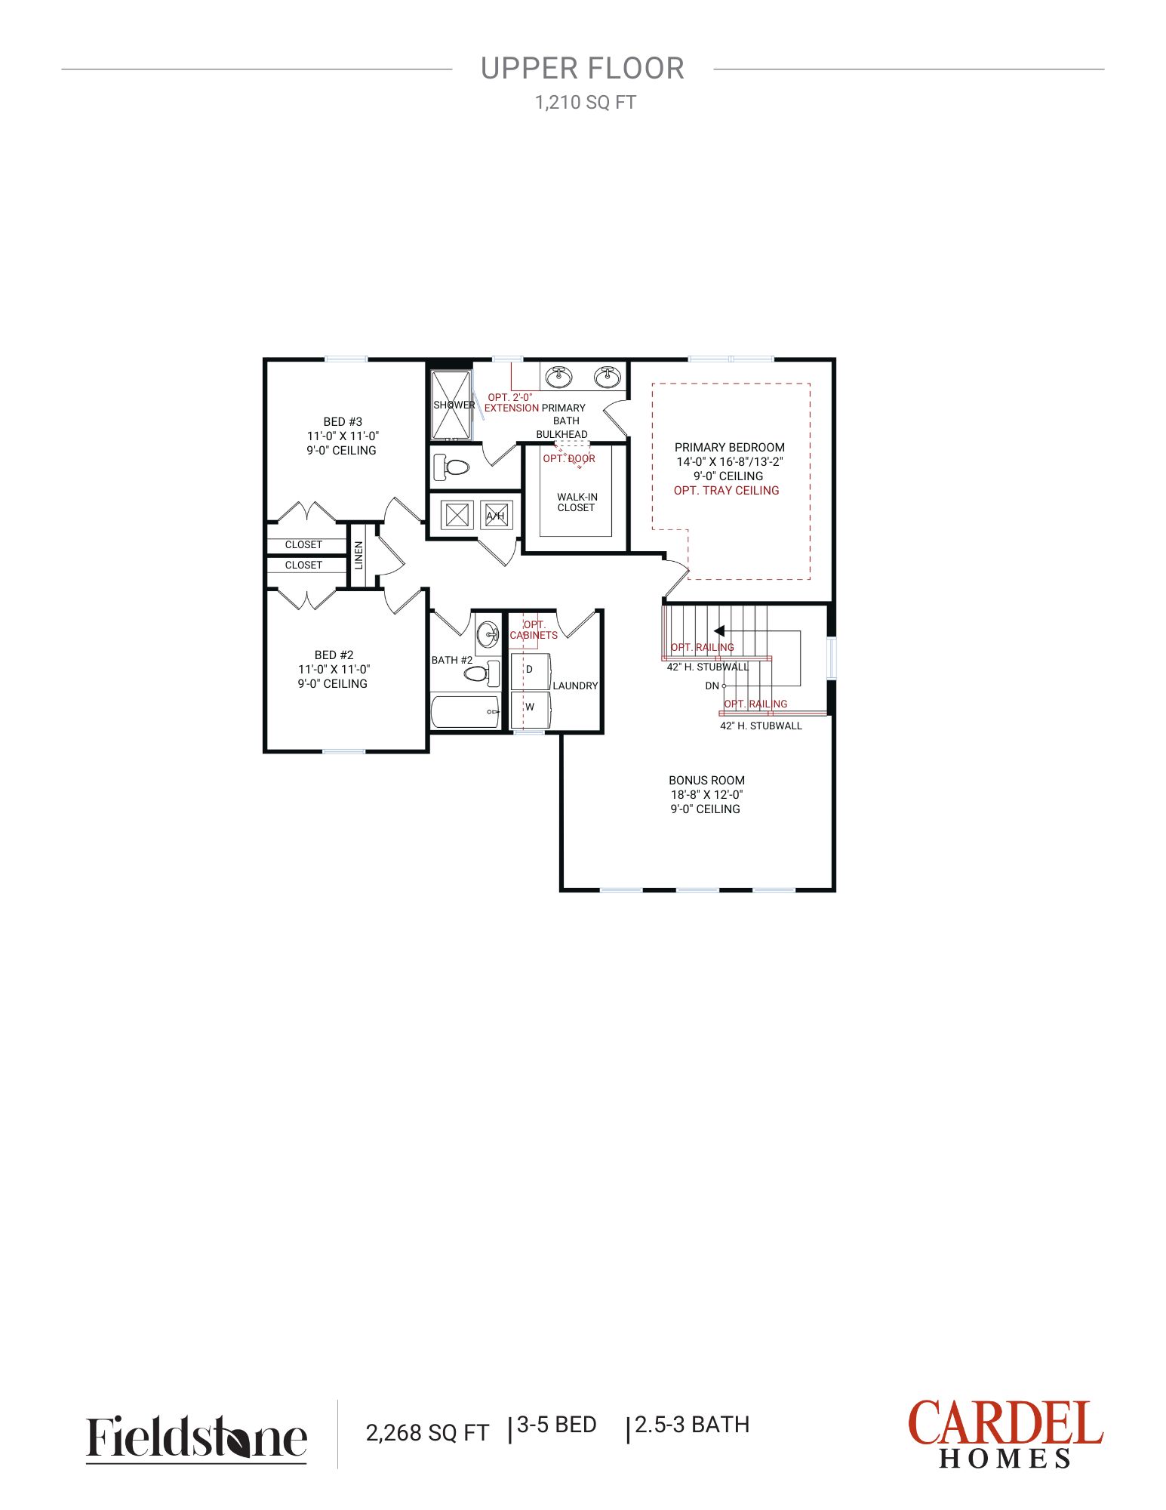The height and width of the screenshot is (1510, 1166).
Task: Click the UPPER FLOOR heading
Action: click(583, 69)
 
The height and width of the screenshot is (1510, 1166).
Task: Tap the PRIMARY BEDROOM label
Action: click(730, 447)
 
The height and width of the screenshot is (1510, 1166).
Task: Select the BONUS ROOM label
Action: click(706, 780)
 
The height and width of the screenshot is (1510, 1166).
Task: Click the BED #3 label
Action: click(343, 422)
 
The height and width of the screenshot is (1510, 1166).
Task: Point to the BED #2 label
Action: click(334, 655)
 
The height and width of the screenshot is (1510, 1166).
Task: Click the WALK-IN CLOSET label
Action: click(577, 502)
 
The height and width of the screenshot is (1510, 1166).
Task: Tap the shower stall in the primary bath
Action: click(451, 405)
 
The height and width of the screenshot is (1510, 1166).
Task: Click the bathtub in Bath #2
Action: click(465, 711)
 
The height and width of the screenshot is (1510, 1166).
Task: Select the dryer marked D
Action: click(530, 670)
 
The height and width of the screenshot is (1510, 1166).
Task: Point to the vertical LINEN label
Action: click(359, 555)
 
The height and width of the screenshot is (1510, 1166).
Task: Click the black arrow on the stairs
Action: click(719, 630)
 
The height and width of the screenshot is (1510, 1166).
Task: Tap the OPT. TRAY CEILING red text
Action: click(726, 490)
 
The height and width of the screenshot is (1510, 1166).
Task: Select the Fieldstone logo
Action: click(196, 1437)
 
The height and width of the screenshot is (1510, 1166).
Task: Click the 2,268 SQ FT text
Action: click(427, 1433)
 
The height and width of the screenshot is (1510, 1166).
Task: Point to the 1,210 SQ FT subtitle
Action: click(586, 103)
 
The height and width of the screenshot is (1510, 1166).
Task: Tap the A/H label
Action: click(495, 516)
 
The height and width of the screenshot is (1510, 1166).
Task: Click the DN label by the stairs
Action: click(712, 686)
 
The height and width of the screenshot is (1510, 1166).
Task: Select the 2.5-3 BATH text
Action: click(692, 1425)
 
